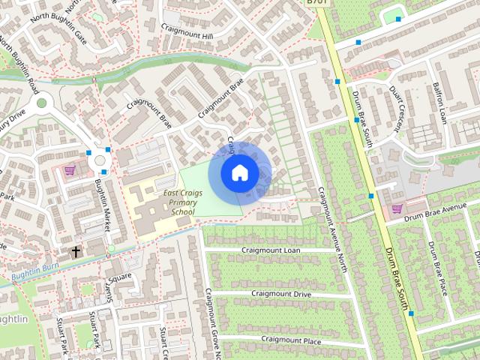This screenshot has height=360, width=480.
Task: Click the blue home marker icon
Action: [238, 172]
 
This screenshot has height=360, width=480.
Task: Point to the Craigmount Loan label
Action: [271, 250]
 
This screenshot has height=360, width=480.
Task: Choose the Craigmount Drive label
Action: [281, 294]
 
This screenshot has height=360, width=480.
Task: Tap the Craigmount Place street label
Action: [291, 340]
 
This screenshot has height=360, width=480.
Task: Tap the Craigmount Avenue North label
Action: [332, 224]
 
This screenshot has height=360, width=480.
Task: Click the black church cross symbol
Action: [76, 250]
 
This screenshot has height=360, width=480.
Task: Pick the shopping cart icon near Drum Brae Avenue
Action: [397, 208]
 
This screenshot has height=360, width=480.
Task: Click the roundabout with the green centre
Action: [40, 103]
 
